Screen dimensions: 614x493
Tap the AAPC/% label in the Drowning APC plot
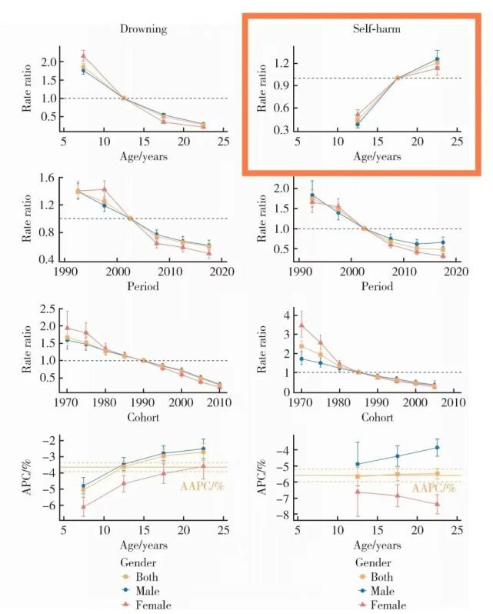click(202, 486)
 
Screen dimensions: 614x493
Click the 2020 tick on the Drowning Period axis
click(222, 272)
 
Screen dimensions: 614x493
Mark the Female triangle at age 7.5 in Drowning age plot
click(83, 55)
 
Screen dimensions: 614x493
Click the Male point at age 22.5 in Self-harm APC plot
click(437, 448)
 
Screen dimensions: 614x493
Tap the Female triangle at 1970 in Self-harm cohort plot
click(301, 325)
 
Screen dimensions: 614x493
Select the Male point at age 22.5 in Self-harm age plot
click(437, 59)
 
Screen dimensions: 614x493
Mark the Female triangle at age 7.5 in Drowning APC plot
click(83, 506)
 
